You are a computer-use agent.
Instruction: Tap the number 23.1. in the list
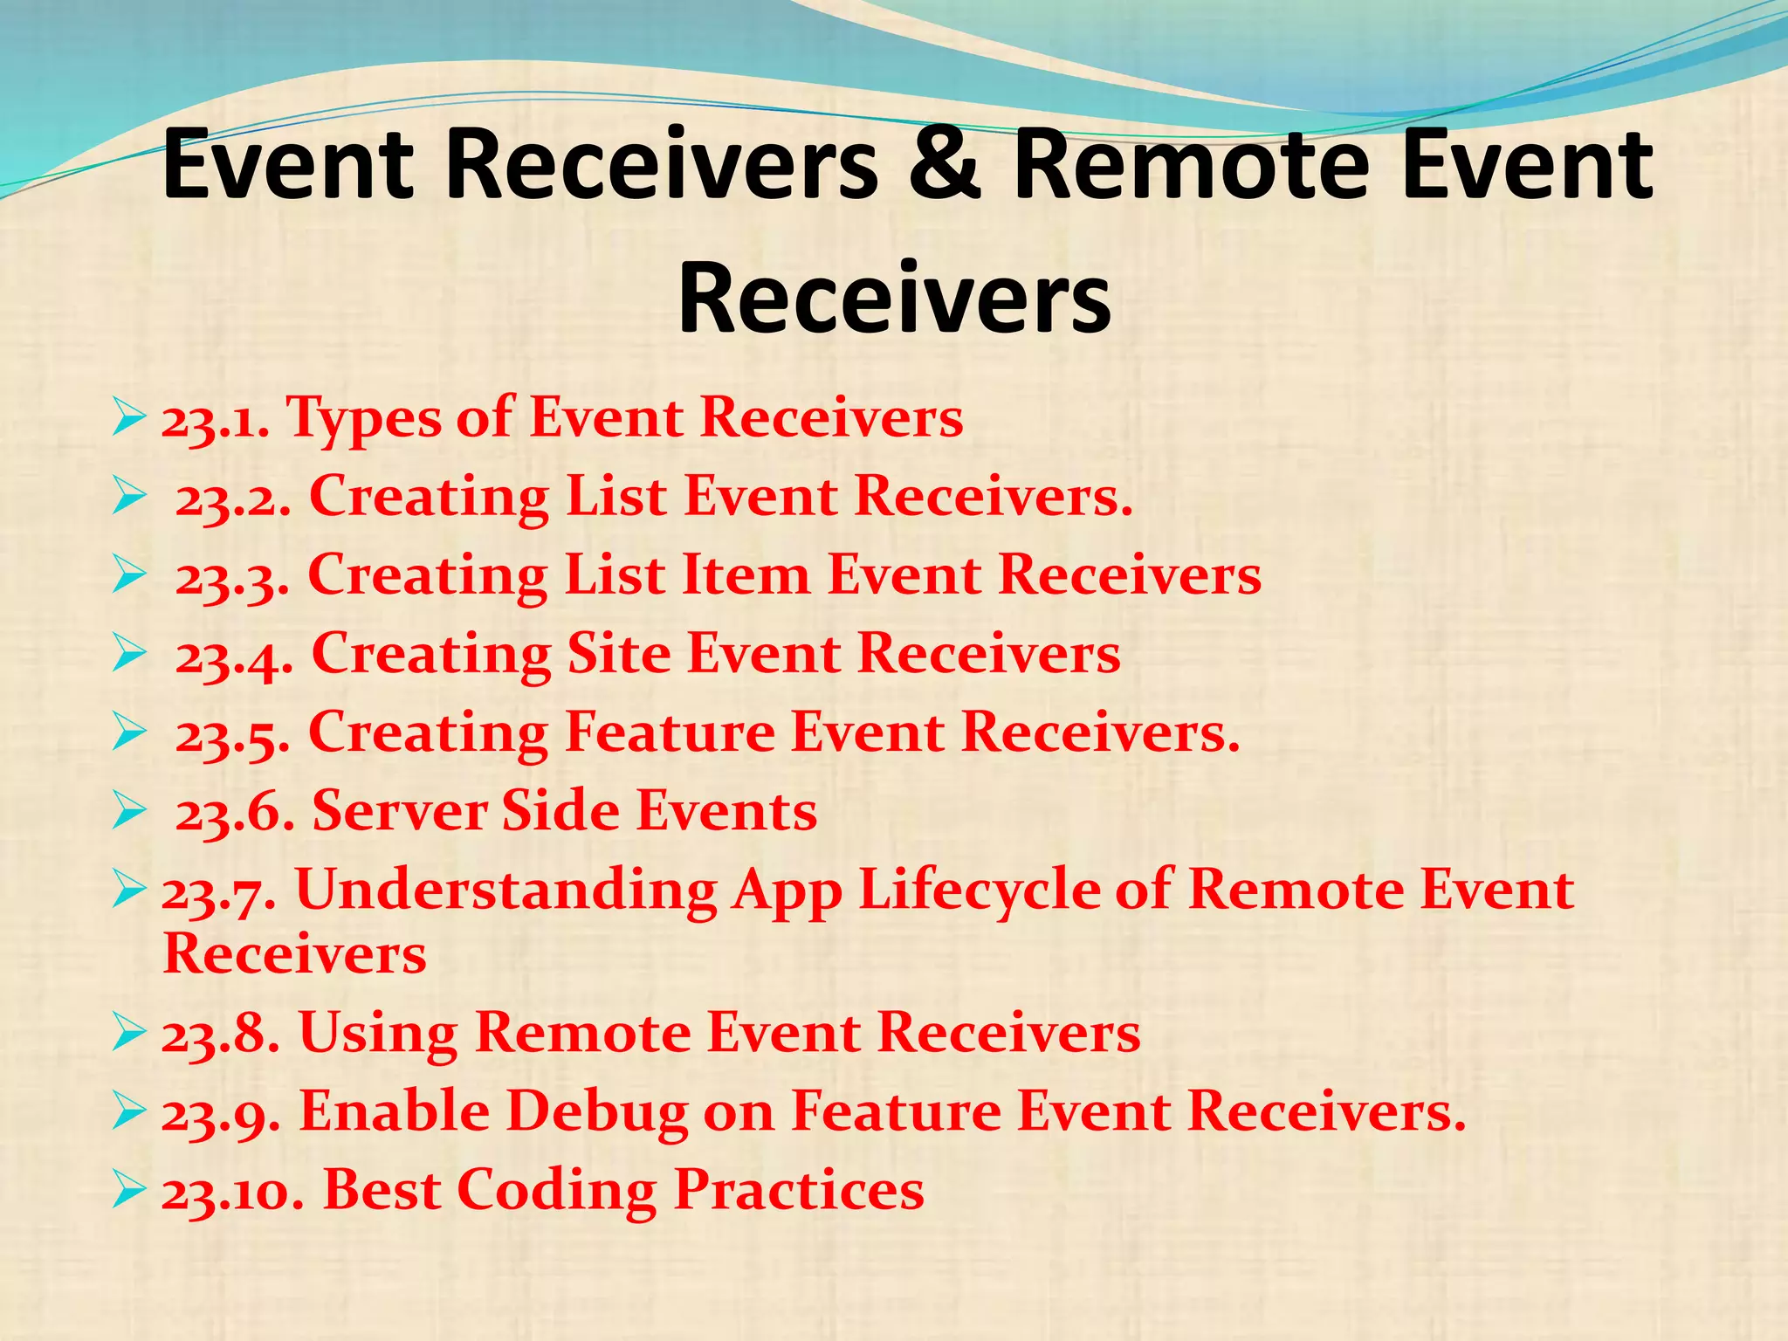tap(215, 420)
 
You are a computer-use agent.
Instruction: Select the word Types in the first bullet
tap(365, 420)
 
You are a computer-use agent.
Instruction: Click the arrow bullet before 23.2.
tap(127, 498)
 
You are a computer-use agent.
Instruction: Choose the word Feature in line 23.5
tap(670, 733)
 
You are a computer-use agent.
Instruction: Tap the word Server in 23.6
tap(399, 812)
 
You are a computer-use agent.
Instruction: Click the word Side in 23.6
tap(561, 812)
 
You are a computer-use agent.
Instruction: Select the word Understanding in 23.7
tap(506, 892)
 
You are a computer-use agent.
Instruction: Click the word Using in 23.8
tap(378, 1034)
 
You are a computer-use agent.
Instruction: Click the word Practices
tap(799, 1191)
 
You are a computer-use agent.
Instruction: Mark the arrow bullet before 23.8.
tap(127, 1034)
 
